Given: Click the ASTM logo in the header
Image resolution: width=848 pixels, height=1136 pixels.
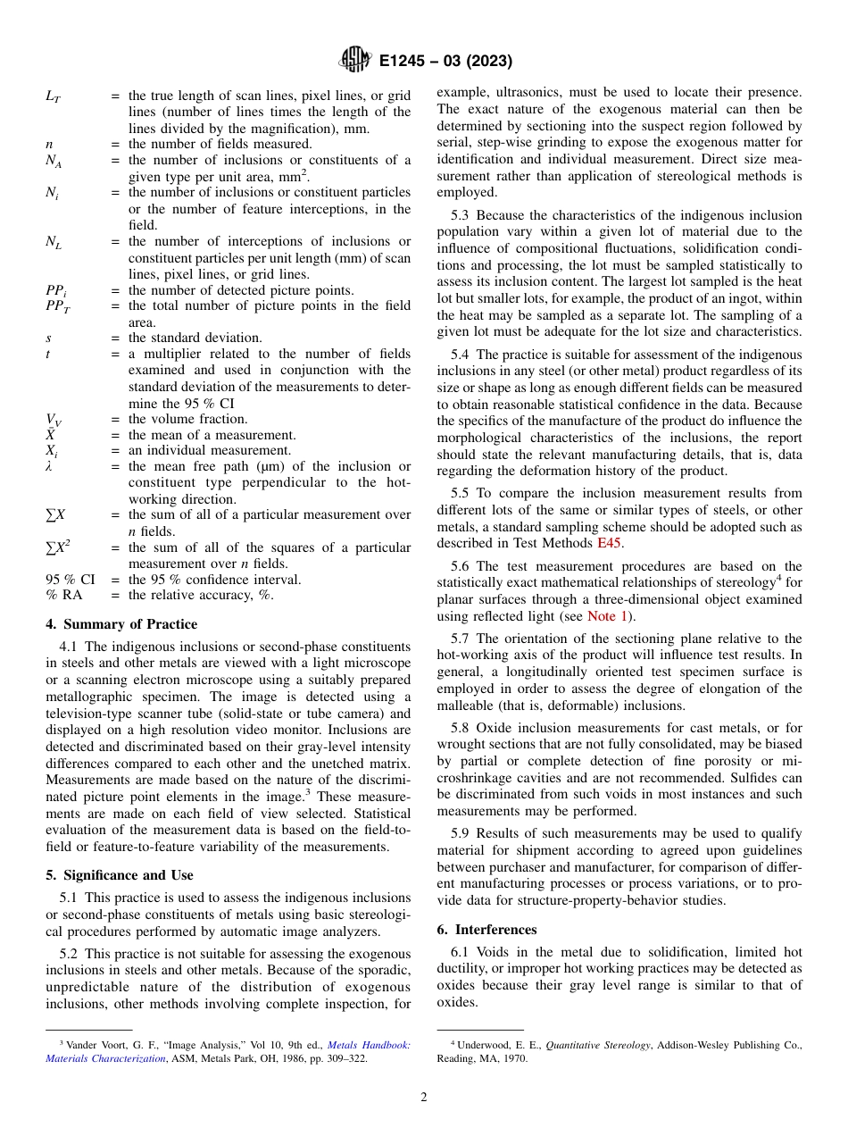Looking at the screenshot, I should point(355,61).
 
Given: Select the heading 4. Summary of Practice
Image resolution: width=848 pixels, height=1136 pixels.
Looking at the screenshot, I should point(121,624).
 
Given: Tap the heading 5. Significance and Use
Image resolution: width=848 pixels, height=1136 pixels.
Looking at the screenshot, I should point(119,875).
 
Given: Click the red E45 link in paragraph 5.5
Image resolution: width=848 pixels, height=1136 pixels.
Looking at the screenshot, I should point(610,543).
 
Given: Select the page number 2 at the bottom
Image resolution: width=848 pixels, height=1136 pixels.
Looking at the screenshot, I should point(424,1098).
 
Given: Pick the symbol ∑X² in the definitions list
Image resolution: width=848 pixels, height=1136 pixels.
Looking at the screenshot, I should point(55,547).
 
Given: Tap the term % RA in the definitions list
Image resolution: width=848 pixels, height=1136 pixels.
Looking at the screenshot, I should point(63,596).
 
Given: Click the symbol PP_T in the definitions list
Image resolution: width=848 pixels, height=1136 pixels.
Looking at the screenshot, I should point(56,306).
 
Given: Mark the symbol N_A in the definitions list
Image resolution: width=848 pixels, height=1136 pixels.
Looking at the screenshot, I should point(54,161).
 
